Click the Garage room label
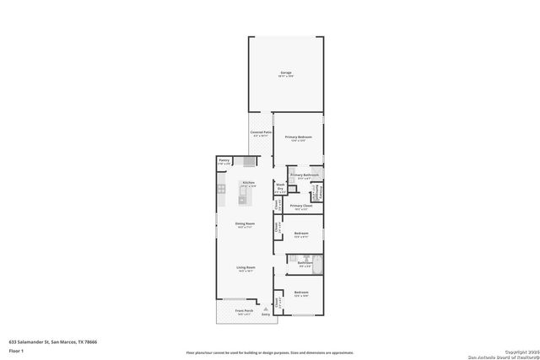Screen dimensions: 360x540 pos(287,74)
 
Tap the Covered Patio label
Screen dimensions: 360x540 pos(260,133)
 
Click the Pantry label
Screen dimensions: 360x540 pos(224,160)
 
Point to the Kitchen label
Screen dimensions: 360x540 pos(248,184)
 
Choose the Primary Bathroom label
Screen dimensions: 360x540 pos(305,175)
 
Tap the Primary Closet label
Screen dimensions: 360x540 pos(301,206)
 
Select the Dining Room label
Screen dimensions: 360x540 pos(246,224)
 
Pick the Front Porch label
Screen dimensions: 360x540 pos(245,312)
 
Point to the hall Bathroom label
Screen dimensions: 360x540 pos(305,263)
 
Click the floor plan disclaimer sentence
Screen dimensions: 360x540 pos(270,353)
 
